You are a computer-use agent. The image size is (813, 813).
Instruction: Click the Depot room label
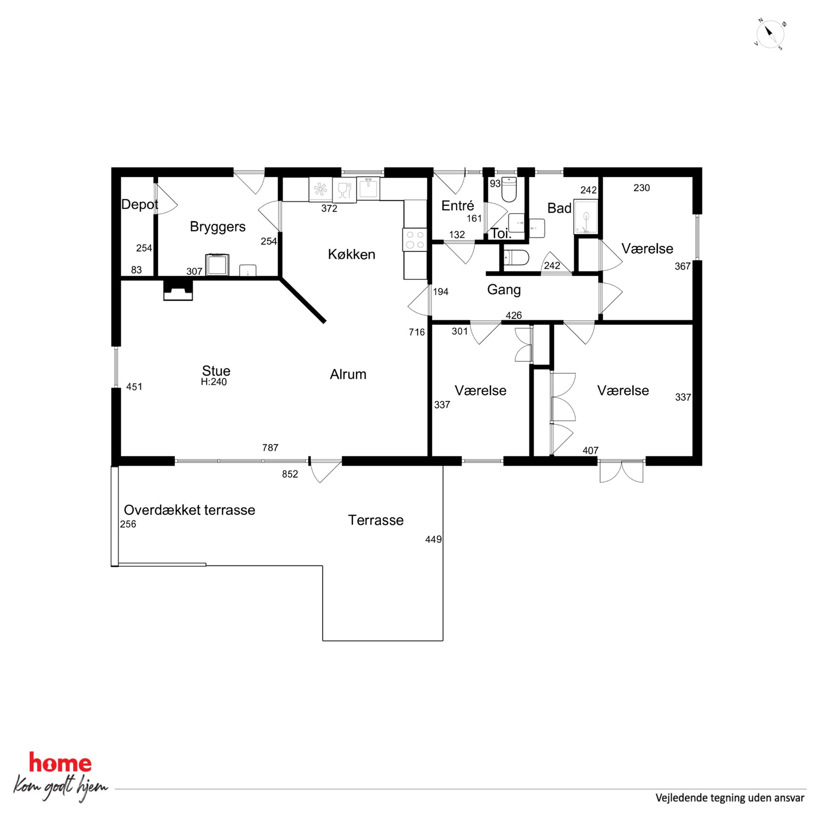(139, 204)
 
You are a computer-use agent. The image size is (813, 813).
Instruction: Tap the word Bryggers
(218, 227)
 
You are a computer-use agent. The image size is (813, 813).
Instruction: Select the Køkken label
(351, 254)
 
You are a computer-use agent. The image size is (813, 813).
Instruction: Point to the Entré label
(457, 205)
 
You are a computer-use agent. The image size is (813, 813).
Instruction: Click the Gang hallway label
(504, 290)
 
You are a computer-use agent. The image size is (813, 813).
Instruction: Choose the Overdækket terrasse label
(189, 510)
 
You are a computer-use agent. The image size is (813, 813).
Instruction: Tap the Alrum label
(348, 374)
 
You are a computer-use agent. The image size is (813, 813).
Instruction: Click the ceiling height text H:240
(214, 382)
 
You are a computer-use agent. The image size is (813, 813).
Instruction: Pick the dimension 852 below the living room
(290, 474)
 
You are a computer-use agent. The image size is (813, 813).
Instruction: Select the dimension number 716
(417, 332)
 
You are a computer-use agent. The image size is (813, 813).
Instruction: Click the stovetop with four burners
(415, 239)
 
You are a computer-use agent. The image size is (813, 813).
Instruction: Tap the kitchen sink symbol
(368, 188)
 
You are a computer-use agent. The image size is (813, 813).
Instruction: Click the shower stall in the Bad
(586, 217)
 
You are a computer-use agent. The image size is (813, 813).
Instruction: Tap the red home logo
(60, 764)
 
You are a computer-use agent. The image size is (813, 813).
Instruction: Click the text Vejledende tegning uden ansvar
(730, 797)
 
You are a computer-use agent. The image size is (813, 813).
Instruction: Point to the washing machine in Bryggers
(217, 265)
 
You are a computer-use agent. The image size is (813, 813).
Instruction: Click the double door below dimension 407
(622, 471)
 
